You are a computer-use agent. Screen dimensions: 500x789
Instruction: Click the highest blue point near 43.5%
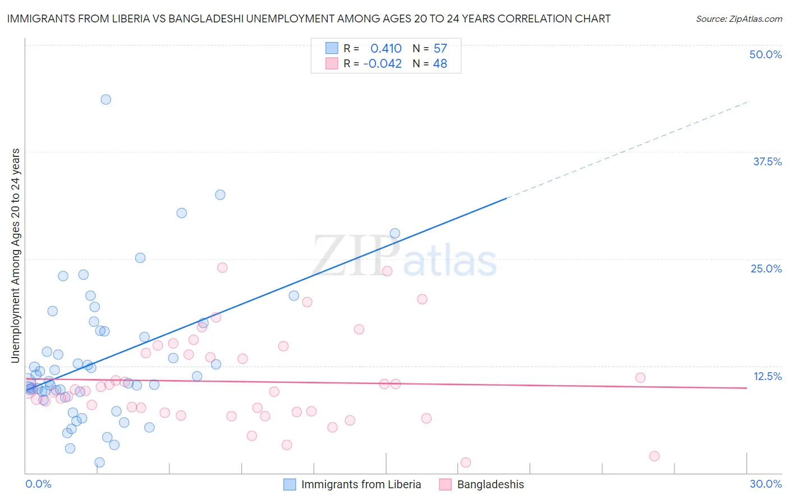pyautogui.click(x=105, y=100)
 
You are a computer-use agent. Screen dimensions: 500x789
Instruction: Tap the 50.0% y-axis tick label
pyautogui.click(x=765, y=54)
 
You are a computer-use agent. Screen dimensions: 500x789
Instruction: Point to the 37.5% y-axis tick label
pyautogui.click(x=767, y=161)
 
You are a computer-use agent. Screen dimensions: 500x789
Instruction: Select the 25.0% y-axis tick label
pyautogui.click(x=766, y=268)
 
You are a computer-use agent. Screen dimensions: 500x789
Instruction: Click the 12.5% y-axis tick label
pyautogui.click(x=767, y=376)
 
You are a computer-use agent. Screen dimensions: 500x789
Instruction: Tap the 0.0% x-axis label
pyautogui.click(x=38, y=484)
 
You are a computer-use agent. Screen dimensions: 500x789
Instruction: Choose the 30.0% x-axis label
pyautogui.click(x=765, y=484)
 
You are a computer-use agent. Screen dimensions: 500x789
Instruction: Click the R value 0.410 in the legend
pyautogui.click(x=386, y=49)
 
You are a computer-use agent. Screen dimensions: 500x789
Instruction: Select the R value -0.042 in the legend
pyautogui.click(x=382, y=64)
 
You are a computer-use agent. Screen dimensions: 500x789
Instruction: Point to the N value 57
pyautogui.click(x=440, y=49)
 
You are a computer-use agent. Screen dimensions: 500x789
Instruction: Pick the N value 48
pyautogui.click(x=440, y=64)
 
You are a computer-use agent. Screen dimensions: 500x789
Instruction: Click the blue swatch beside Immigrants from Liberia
pyautogui.click(x=290, y=484)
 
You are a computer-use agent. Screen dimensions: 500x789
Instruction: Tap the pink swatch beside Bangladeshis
pyautogui.click(x=446, y=484)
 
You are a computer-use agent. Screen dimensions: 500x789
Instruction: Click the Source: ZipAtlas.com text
pyautogui.click(x=738, y=19)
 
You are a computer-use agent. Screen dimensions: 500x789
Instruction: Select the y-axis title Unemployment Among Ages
pyautogui.click(x=16, y=256)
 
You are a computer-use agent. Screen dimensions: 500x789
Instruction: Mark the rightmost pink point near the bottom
pyautogui.click(x=654, y=456)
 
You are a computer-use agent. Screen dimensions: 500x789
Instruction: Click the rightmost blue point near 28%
pyautogui.click(x=395, y=234)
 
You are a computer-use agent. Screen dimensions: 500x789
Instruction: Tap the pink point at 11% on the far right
pyautogui.click(x=640, y=378)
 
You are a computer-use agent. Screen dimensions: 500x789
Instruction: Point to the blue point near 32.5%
pyautogui.click(x=220, y=195)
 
